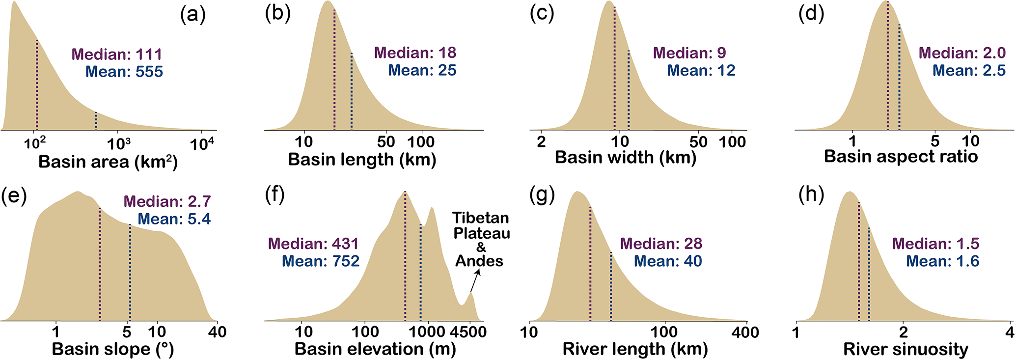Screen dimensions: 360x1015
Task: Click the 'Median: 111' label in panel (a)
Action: [x=117, y=54]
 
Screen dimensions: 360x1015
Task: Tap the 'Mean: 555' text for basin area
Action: [x=124, y=72]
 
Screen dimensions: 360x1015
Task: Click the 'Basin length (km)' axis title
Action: [x=362, y=160]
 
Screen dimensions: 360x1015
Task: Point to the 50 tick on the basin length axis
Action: [x=386, y=142]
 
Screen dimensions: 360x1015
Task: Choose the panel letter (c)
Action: [x=542, y=15]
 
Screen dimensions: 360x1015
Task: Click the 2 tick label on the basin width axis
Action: [x=541, y=142]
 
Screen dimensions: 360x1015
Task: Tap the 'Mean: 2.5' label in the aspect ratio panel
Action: [x=969, y=71]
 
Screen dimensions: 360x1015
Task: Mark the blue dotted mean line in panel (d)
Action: [x=899, y=79]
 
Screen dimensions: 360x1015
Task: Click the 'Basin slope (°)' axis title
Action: [x=112, y=349]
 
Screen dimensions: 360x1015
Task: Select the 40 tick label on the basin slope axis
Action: [x=217, y=332]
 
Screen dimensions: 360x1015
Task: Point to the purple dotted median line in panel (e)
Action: [x=100, y=265]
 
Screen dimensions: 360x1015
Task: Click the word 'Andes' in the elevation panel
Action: [x=479, y=261]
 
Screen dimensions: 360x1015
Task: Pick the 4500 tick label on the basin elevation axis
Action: [x=470, y=332]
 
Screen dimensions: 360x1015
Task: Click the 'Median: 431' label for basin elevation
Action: [x=313, y=244]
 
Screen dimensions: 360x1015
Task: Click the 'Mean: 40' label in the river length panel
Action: [x=668, y=261]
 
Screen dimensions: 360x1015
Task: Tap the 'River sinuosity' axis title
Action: [x=905, y=349]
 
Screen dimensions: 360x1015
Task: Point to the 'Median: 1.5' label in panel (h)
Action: [x=935, y=244]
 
